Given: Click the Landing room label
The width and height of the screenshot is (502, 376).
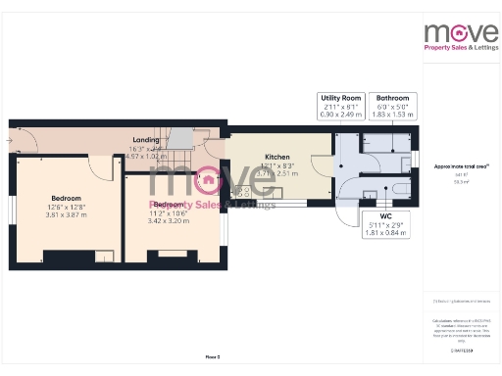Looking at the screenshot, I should pos(146,139).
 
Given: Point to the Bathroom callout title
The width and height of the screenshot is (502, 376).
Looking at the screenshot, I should pos(394,99).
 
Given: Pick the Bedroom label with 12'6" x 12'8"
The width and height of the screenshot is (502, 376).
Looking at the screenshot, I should pos(65,199).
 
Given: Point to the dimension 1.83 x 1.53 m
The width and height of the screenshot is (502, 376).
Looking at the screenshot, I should pos(394,115).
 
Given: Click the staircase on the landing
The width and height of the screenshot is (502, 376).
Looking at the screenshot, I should pos(180,147).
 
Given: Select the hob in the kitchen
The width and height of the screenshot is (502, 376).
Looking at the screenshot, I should pos(238,193).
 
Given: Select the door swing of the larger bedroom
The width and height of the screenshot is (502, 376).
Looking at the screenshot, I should pos(96,164).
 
